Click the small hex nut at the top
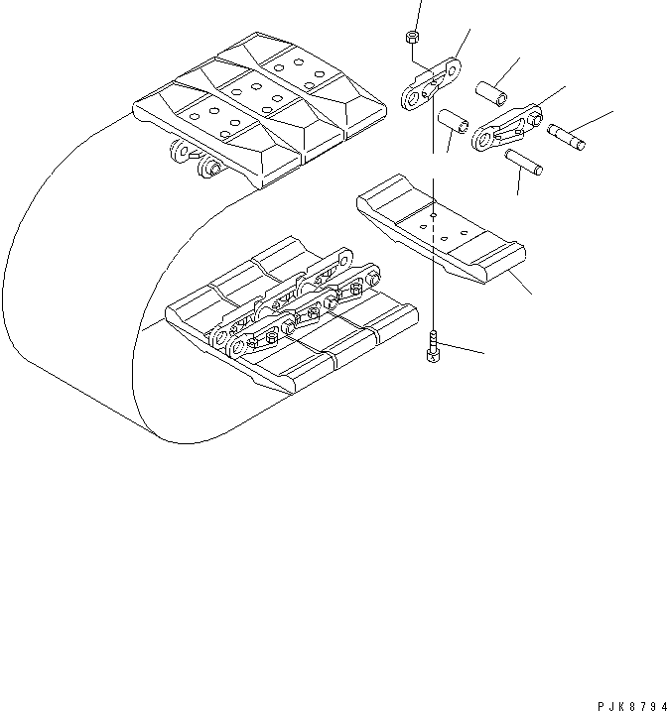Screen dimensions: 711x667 tap(412, 39)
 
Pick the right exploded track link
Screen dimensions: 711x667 tap(506, 128)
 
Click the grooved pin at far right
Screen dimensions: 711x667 tap(566, 134)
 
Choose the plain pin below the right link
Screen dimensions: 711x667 tap(524, 161)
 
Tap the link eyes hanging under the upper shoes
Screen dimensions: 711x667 tap(195, 158)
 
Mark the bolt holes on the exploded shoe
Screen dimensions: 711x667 tap(435, 224)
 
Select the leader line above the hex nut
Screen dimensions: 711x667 tap(416, 14)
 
